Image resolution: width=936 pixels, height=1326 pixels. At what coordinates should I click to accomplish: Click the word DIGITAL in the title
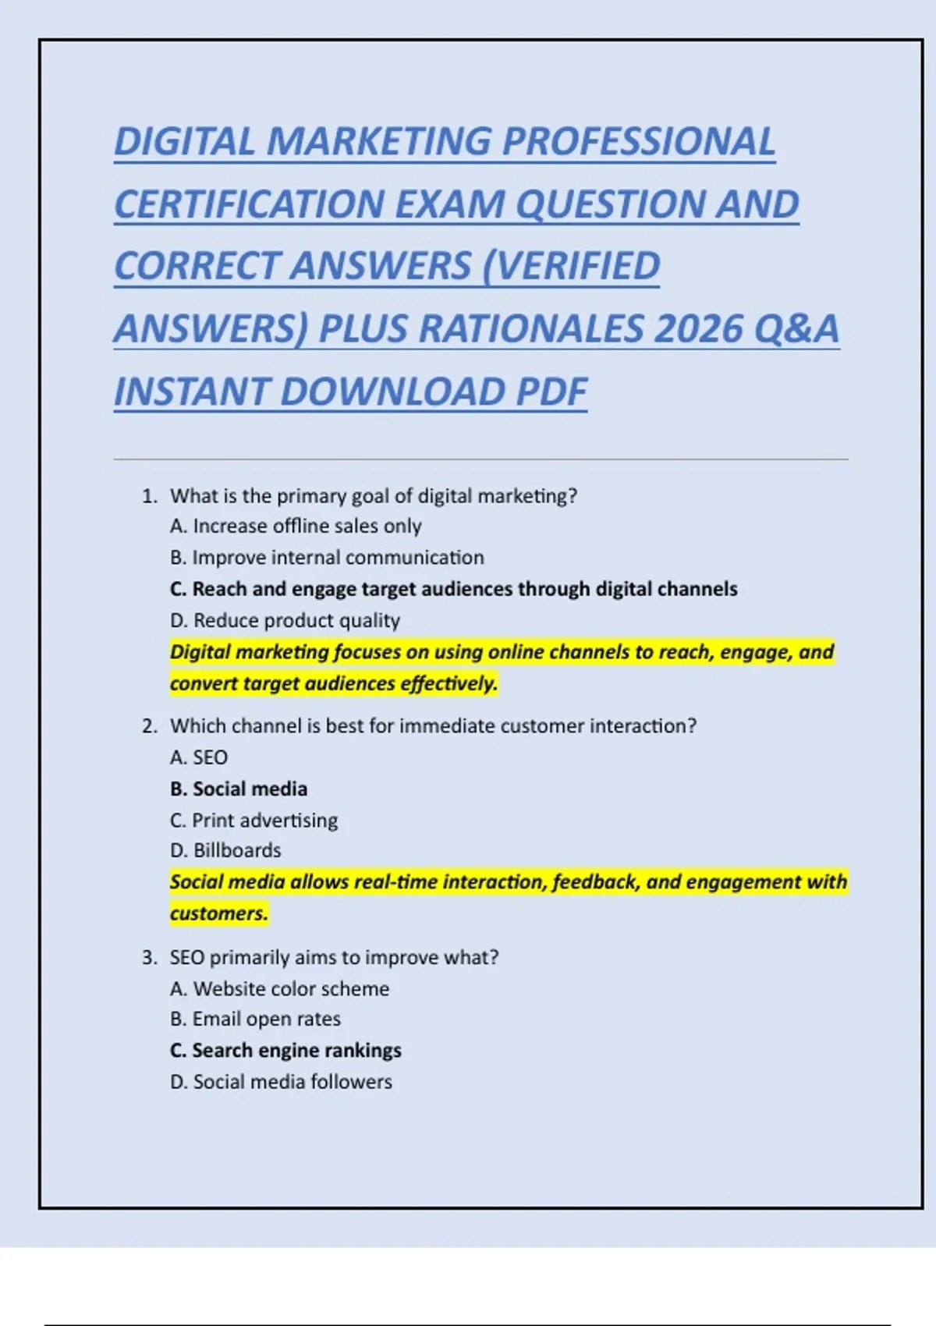pyautogui.click(x=184, y=142)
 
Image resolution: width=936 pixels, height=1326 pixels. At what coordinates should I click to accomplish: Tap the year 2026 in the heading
pyautogui.click(x=697, y=329)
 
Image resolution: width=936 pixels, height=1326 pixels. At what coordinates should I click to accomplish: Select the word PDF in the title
pyautogui.click(x=551, y=392)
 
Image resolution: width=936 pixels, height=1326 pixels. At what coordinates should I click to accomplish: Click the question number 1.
pyautogui.click(x=149, y=496)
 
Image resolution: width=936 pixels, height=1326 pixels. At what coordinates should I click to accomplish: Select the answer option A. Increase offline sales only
pyautogui.click(x=296, y=526)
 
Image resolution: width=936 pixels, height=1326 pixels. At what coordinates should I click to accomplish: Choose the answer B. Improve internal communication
pyautogui.click(x=327, y=558)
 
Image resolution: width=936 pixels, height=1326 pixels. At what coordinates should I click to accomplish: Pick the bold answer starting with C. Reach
pyautogui.click(x=453, y=589)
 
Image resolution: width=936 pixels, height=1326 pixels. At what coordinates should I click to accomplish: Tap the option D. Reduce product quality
pyautogui.click(x=285, y=621)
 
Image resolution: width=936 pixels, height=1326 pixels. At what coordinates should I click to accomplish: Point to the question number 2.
pyautogui.click(x=149, y=726)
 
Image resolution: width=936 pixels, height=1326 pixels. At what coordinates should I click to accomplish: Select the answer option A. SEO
pyautogui.click(x=199, y=757)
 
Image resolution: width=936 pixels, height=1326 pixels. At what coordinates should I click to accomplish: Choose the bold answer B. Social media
pyautogui.click(x=239, y=789)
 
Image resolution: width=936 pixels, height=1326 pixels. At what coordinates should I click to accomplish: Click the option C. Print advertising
pyautogui.click(x=254, y=821)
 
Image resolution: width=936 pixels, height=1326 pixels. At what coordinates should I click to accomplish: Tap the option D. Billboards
pyautogui.click(x=225, y=850)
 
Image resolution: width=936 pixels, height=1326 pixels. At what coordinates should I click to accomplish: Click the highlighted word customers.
pyautogui.click(x=218, y=913)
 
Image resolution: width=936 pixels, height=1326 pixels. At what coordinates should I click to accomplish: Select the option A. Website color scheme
pyautogui.click(x=279, y=989)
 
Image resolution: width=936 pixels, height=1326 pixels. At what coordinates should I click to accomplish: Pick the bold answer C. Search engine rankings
pyautogui.click(x=285, y=1051)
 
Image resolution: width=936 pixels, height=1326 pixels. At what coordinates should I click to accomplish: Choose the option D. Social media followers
pyautogui.click(x=281, y=1082)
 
